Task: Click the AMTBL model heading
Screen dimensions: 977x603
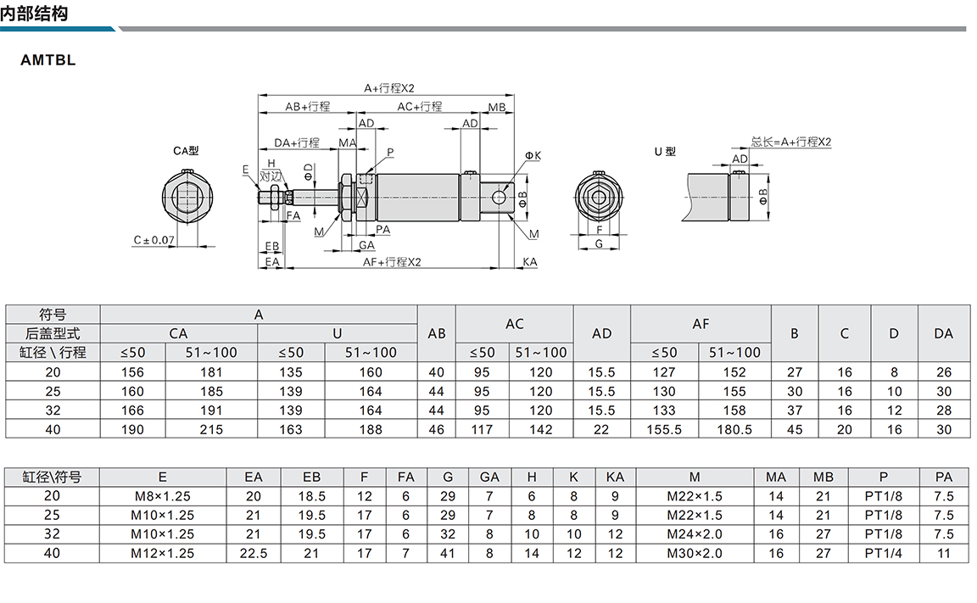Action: click(48, 60)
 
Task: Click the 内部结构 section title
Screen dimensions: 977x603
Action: click(34, 13)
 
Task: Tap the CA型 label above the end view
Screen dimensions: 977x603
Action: click(186, 151)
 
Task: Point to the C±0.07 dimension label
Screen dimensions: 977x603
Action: click(154, 240)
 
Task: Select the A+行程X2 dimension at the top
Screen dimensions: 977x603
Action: click(388, 88)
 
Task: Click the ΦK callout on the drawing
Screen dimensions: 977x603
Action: click(533, 155)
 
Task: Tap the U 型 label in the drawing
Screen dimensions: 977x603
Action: click(665, 151)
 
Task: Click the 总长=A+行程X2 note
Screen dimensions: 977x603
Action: click(790, 142)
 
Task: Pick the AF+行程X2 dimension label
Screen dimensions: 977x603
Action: click(392, 262)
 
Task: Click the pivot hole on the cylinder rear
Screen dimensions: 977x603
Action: click(499, 198)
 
